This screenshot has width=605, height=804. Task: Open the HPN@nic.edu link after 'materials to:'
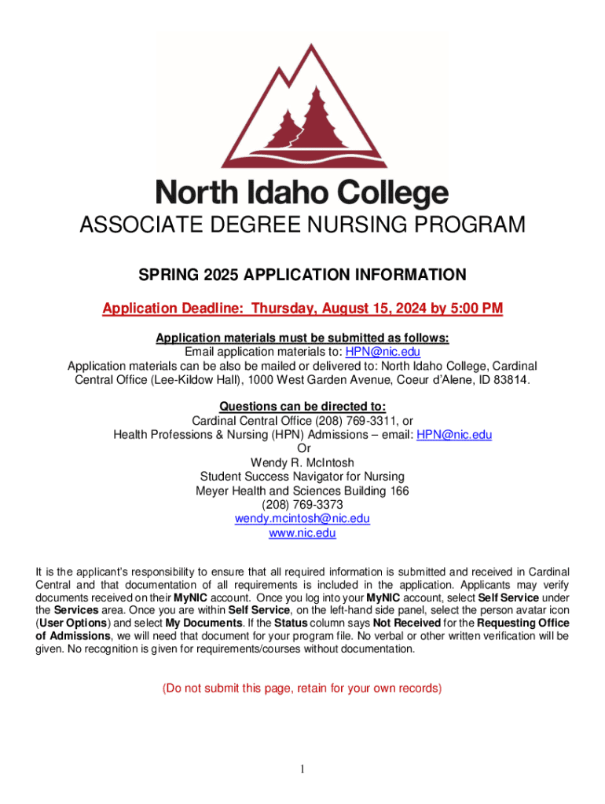(x=383, y=352)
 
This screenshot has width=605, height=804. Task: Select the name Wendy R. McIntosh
(x=302, y=462)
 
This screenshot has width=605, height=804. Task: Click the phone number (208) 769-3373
(x=302, y=505)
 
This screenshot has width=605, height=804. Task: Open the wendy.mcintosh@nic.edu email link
(x=302, y=519)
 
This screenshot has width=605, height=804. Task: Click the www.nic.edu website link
(x=302, y=533)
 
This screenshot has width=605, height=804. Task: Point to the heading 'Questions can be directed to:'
(x=302, y=406)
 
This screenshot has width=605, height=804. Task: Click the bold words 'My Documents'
(x=196, y=623)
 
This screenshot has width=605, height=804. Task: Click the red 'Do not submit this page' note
(x=302, y=689)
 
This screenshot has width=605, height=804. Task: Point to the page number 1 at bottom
(x=302, y=768)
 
